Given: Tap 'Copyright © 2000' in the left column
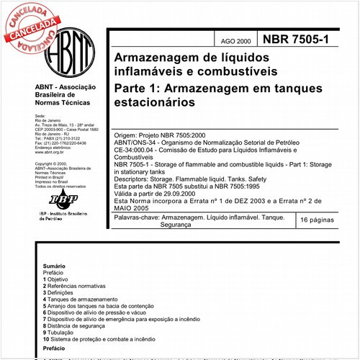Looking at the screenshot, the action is [53, 164].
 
